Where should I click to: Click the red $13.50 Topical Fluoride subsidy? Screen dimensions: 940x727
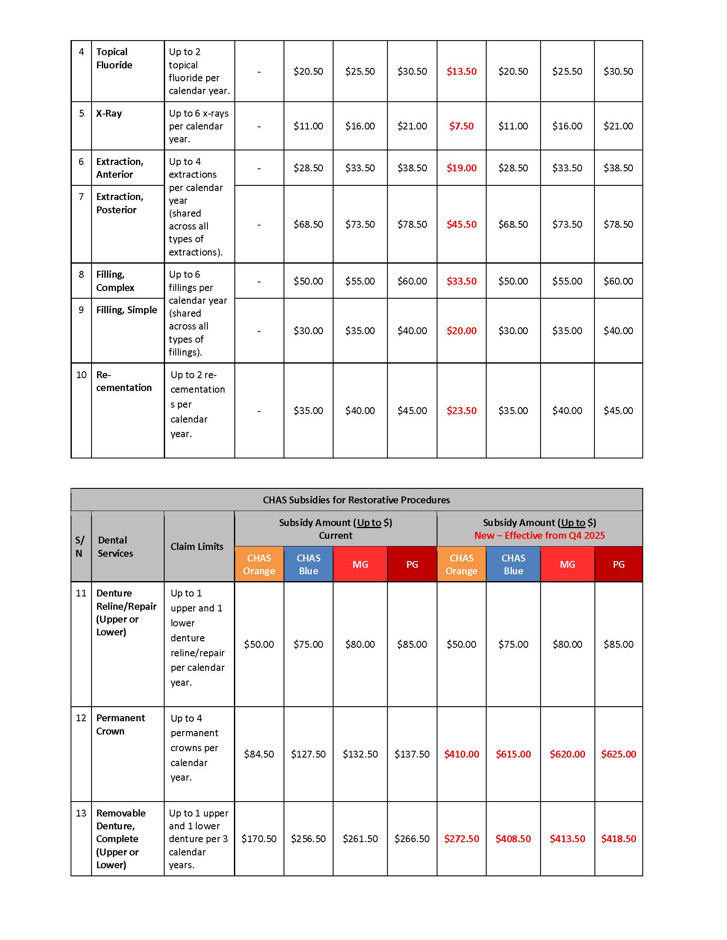tap(461, 71)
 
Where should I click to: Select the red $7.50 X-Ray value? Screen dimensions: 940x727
tap(461, 126)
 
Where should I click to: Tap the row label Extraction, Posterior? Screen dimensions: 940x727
tap(119, 203)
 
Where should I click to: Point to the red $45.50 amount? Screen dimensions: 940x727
tap(461, 224)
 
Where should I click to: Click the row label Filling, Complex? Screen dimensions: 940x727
tap(115, 281)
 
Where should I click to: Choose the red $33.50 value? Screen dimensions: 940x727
tap(461, 281)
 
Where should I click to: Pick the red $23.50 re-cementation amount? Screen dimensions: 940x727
tap(461, 411)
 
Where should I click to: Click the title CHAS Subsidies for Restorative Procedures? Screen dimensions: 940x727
tap(356, 500)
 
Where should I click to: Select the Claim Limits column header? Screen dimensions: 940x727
tap(197, 546)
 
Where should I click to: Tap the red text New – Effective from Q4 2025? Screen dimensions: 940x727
tap(539, 535)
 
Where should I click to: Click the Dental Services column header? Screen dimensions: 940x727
tap(115, 546)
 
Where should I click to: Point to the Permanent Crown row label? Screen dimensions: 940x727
tap(120, 724)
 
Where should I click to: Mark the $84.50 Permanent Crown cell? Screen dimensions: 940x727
tap(259, 754)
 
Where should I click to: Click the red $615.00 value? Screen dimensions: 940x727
tap(513, 754)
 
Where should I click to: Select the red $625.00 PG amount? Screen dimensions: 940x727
tap(618, 754)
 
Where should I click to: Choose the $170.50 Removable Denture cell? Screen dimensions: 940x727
tap(259, 838)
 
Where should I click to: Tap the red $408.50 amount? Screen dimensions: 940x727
tap(513, 838)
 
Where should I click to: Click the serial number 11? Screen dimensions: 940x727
tap(81, 593)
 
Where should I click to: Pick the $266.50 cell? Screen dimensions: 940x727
tap(412, 838)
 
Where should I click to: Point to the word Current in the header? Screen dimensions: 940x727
tap(336, 535)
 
